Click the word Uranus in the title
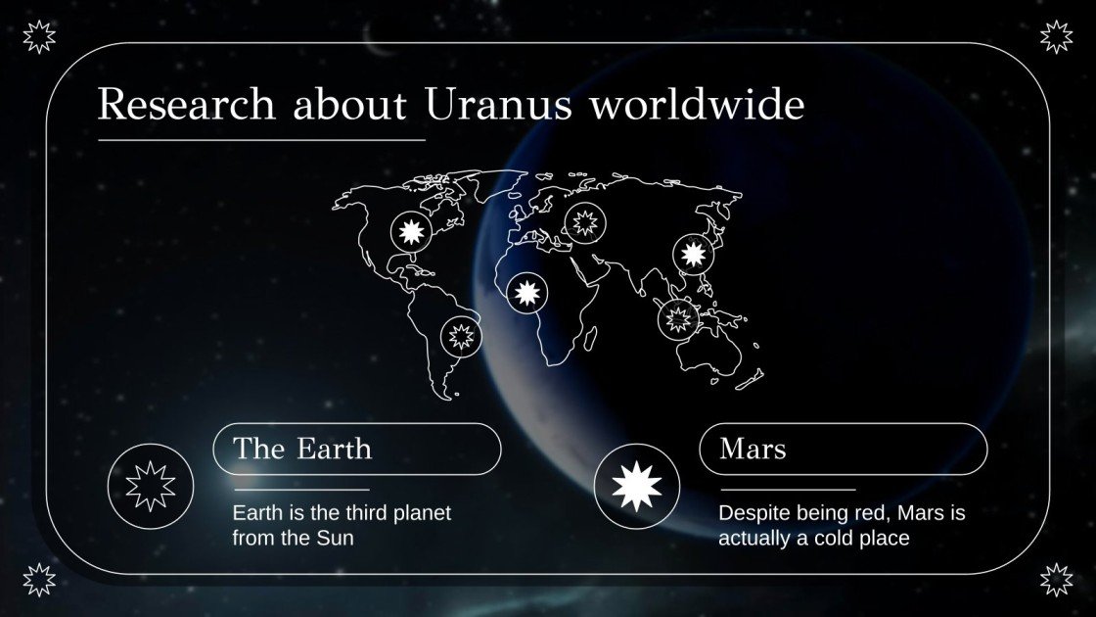point(498,105)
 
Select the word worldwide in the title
point(696,105)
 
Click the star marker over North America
point(411,232)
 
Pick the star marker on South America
point(461,337)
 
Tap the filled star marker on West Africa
point(527,292)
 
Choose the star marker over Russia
point(585,222)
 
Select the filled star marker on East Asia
point(693,254)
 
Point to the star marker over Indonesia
point(677,318)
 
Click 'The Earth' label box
point(357,450)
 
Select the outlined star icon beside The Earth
point(151,486)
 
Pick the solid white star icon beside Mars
point(637,486)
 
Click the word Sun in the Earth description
point(334,538)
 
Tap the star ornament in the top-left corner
point(39,37)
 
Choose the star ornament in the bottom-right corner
point(1056,579)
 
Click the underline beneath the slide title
point(261,140)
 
